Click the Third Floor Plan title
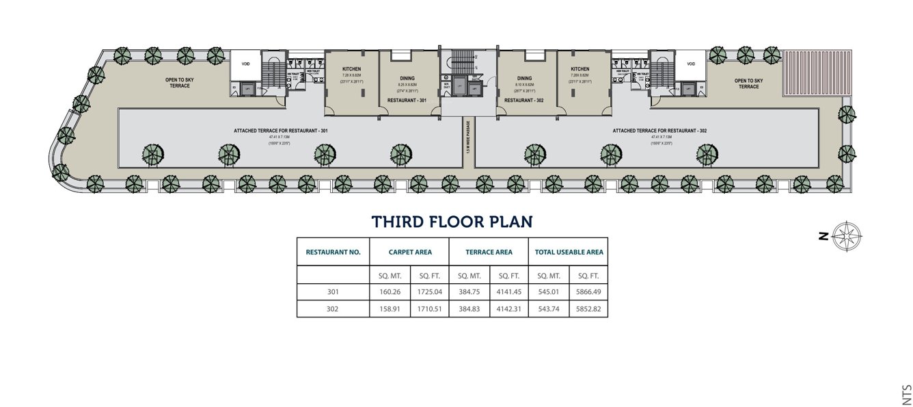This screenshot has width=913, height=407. (x=452, y=222)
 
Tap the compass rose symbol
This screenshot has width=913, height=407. (x=847, y=236)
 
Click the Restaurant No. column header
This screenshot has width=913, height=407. (x=333, y=252)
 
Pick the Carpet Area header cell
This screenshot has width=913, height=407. (x=410, y=252)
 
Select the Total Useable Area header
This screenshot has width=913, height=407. (x=569, y=252)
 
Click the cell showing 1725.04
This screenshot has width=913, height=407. (x=430, y=291)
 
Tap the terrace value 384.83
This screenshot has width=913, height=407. (x=469, y=308)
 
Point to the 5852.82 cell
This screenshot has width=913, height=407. (x=588, y=308)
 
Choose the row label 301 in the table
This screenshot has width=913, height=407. (x=333, y=291)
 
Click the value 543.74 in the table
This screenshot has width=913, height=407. (x=549, y=308)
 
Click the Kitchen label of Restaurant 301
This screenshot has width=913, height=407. (x=351, y=69)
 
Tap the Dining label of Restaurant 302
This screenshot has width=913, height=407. (x=524, y=78)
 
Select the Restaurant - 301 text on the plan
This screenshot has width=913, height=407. (x=407, y=101)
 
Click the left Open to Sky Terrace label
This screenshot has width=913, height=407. (x=180, y=83)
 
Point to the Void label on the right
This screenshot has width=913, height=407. (x=691, y=64)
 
